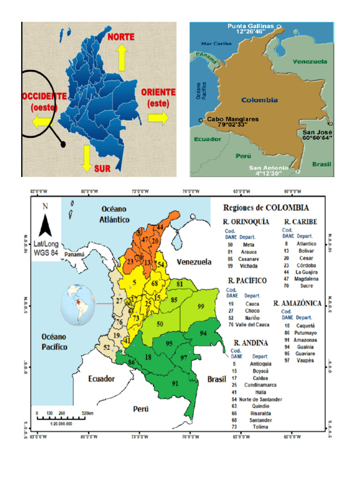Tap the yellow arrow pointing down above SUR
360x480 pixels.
tap(87, 158)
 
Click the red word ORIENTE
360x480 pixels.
tap(158, 92)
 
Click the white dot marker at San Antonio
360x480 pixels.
tap(298, 172)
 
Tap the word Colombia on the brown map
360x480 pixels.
tap(260, 100)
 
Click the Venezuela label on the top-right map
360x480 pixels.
tap(309, 61)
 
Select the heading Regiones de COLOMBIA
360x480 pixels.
tap(266, 208)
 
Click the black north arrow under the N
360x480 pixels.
tap(45, 225)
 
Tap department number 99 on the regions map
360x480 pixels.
tap(201, 306)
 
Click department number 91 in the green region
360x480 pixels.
tap(175, 383)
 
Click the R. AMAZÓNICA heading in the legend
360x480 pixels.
tap(297, 303)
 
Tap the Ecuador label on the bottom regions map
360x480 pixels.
tap(102, 379)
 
